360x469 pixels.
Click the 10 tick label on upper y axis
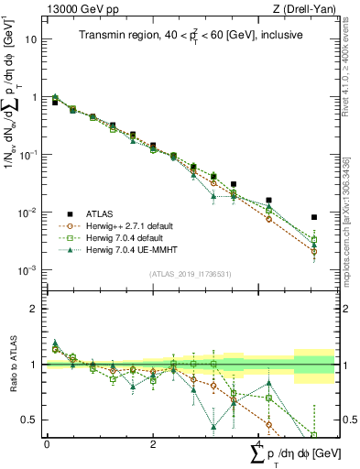[31, 39]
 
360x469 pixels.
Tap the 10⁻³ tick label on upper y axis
[29, 270]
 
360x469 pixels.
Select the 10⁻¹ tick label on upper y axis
[29, 155]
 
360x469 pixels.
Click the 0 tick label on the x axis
[47, 443]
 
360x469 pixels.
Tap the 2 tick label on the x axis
[151, 443]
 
